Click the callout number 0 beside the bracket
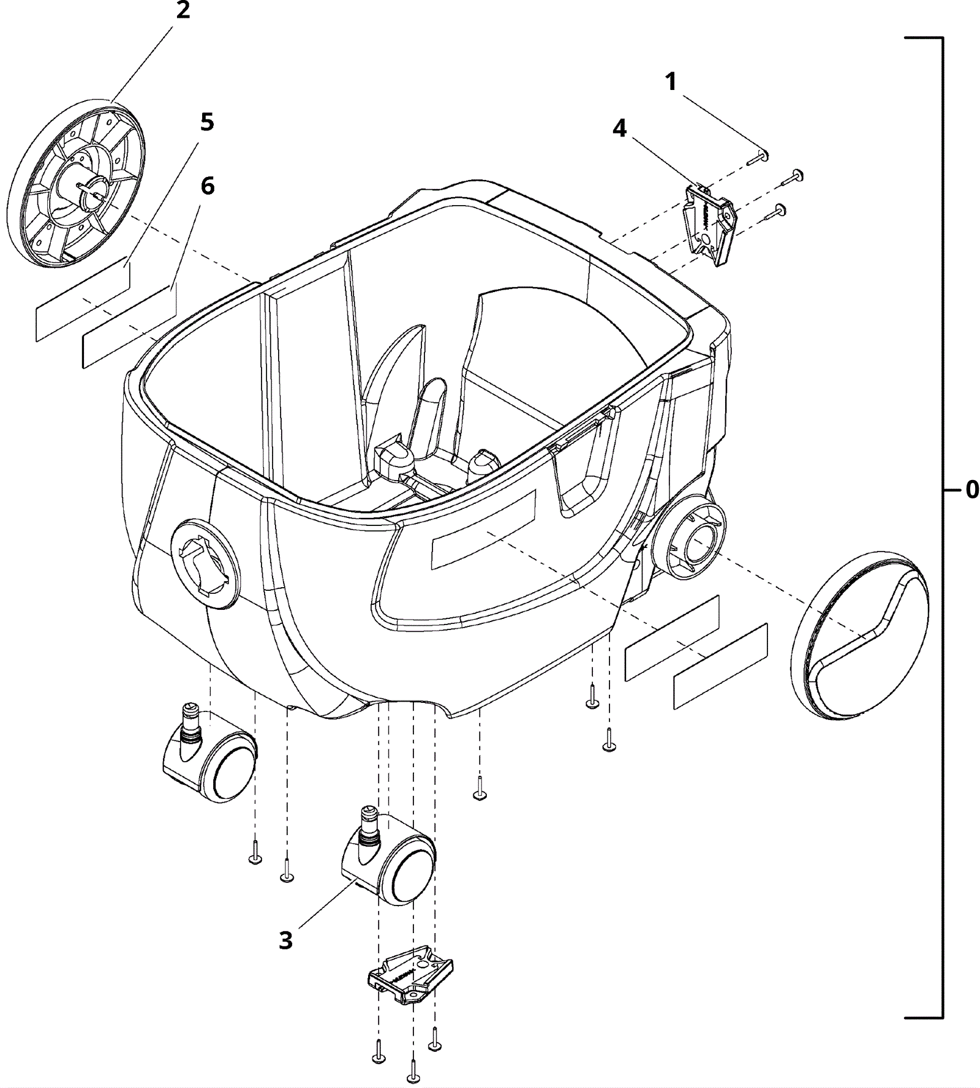click(971, 490)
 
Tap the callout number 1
click(671, 82)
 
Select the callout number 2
click(183, 11)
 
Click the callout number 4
click(620, 129)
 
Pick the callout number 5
click(207, 122)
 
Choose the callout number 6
click(208, 186)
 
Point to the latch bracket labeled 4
click(711, 223)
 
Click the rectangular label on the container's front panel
click(483, 528)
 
